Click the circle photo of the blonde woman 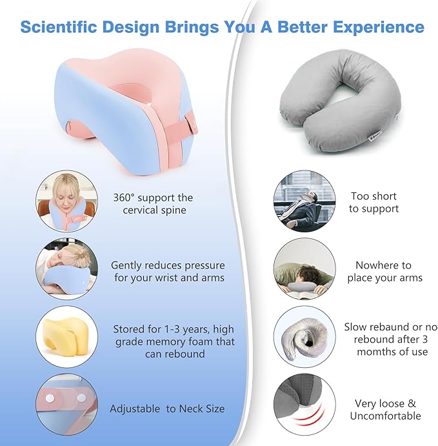(x=67, y=201)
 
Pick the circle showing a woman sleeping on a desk (x=67, y=269)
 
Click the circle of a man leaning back (x=304, y=201)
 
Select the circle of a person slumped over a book (x=304, y=269)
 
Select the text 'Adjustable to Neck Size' (x=167, y=409)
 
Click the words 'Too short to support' (x=373, y=202)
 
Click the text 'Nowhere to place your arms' (x=384, y=271)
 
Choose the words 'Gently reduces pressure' (x=168, y=265)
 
